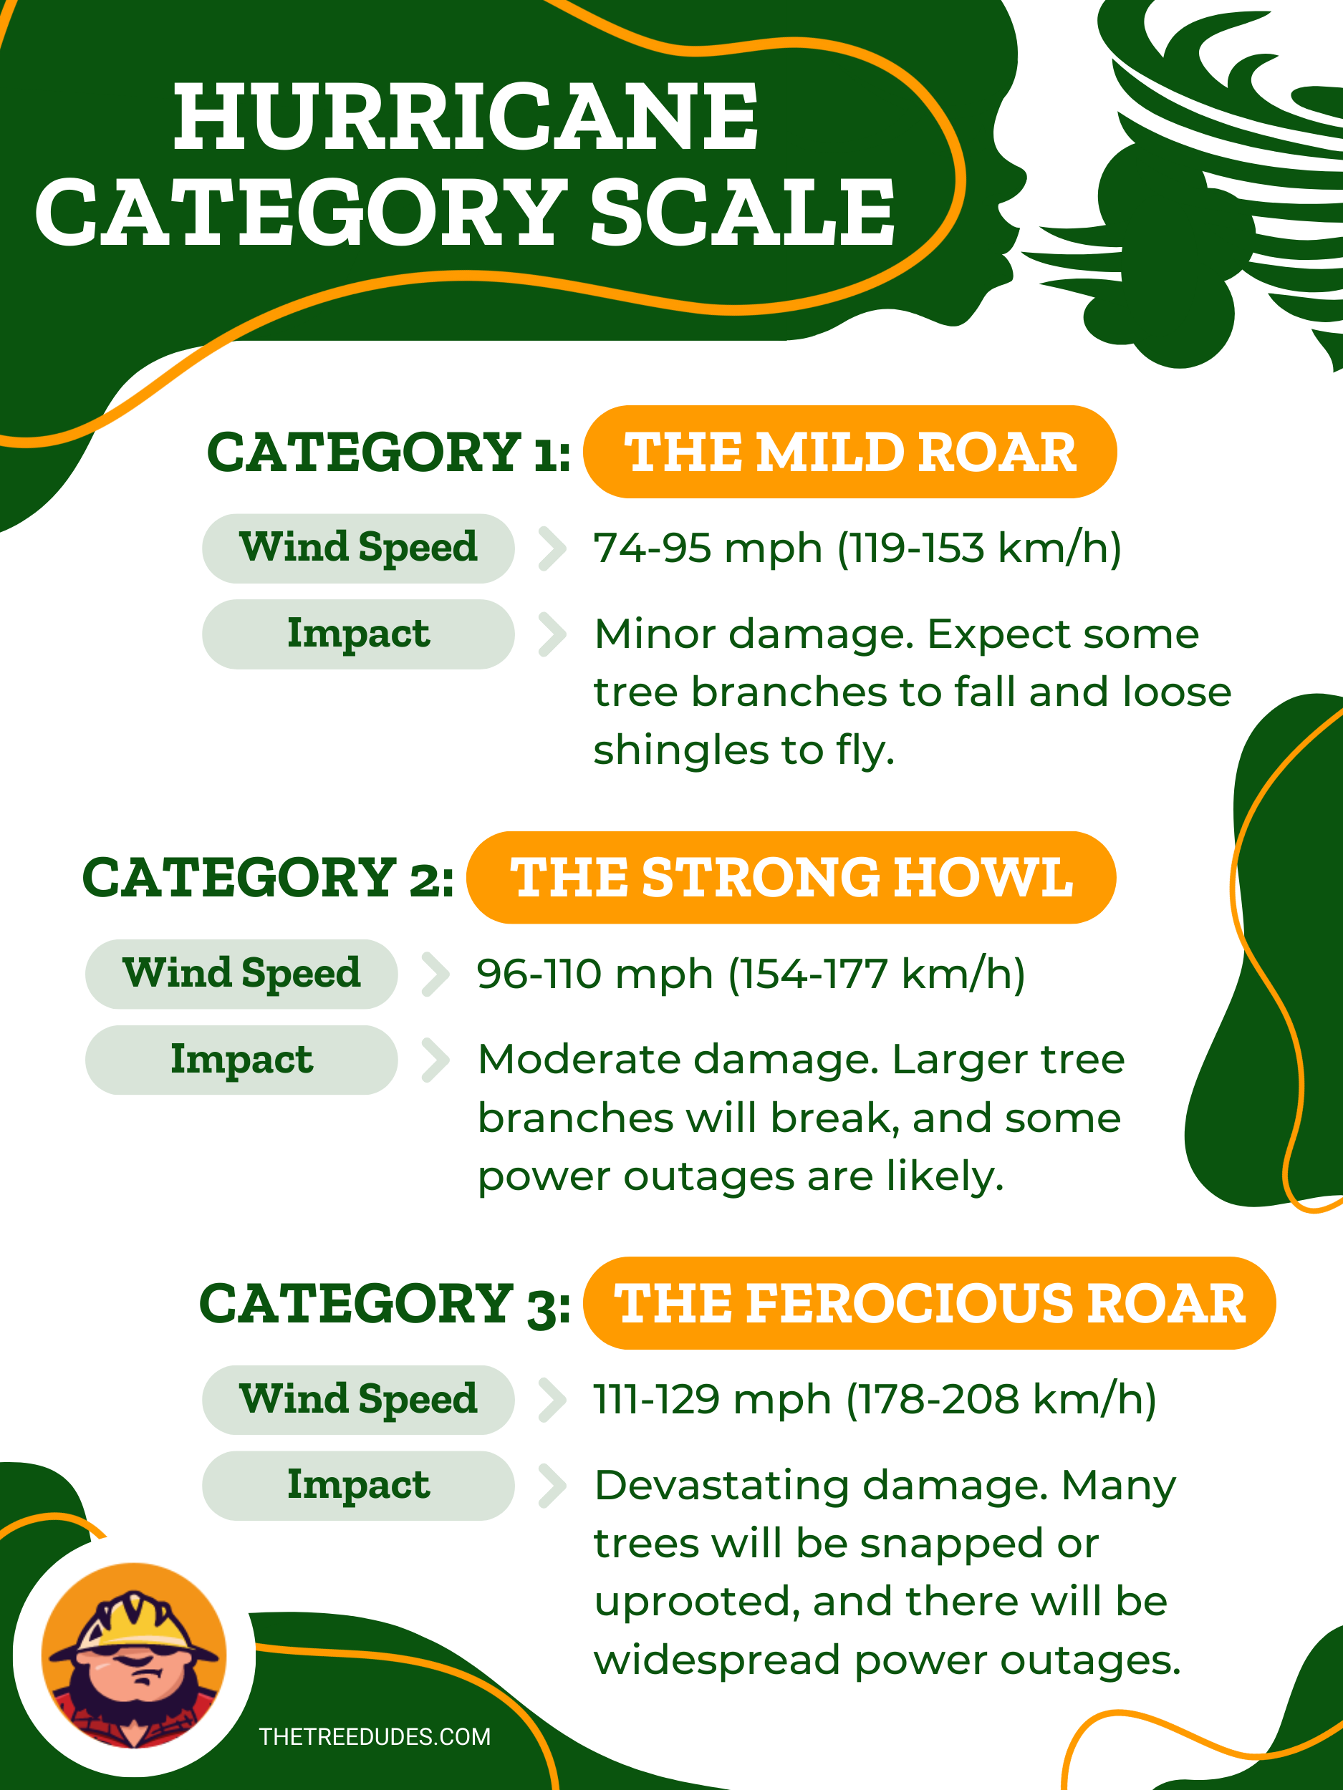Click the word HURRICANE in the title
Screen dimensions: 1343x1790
click(x=466, y=117)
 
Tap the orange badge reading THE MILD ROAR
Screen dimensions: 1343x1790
click(x=850, y=452)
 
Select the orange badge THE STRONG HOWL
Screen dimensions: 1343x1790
click(x=791, y=877)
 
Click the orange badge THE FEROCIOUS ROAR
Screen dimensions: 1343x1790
click(x=929, y=1303)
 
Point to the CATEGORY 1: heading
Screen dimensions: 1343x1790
click(x=388, y=452)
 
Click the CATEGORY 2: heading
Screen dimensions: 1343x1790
click(x=268, y=878)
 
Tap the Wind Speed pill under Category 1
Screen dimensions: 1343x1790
click(x=358, y=548)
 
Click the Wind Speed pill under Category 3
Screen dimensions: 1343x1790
click(x=358, y=1400)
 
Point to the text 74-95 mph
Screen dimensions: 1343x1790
click(x=708, y=548)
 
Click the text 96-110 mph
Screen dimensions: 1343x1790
click(x=595, y=974)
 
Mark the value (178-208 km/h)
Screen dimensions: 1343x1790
click(x=1001, y=1400)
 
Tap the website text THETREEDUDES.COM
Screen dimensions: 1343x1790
click(x=375, y=1736)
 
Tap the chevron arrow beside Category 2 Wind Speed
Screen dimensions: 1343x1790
click(x=435, y=974)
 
